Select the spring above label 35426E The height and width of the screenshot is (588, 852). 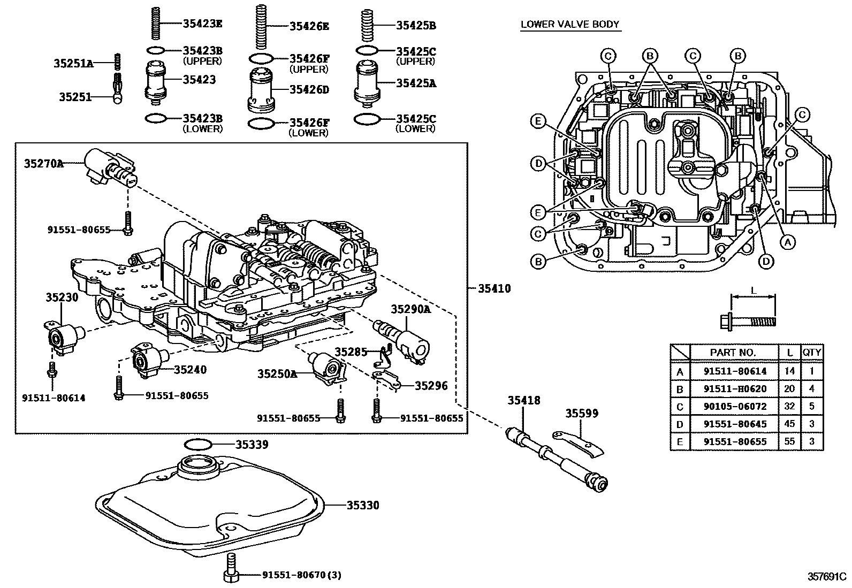(261, 23)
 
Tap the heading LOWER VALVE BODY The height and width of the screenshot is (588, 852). (570, 24)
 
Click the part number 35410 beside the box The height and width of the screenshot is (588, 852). (494, 289)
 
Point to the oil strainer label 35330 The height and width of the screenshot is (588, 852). (362, 505)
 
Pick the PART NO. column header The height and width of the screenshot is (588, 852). (733, 352)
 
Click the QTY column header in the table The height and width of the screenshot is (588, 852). (811, 352)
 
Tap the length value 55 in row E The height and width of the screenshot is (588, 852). (789, 441)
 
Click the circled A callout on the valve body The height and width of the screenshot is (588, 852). (786, 242)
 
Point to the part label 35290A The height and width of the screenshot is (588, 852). (411, 309)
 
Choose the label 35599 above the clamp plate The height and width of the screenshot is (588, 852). (583, 413)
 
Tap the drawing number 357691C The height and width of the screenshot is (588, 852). (826, 577)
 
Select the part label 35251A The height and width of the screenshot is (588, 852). (73, 64)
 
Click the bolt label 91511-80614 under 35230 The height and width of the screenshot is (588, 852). (54, 398)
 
